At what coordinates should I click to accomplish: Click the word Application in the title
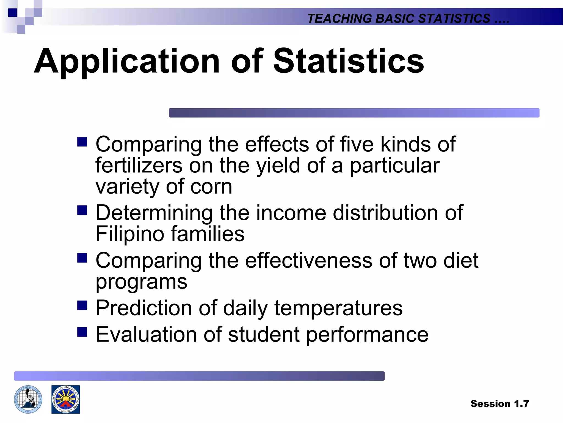click(127, 61)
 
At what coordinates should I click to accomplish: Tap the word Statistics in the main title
click(348, 61)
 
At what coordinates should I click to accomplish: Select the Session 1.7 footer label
click(499, 404)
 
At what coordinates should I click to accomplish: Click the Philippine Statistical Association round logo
click(28, 399)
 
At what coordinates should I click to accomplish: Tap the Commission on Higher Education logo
click(65, 399)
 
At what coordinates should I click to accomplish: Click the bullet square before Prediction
click(82, 305)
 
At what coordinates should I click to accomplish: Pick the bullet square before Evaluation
click(82, 332)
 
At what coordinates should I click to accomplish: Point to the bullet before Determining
click(82, 210)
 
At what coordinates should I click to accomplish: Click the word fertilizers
click(139, 166)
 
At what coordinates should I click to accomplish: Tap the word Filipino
click(130, 234)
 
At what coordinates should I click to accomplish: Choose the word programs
click(141, 282)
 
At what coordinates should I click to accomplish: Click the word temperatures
click(338, 308)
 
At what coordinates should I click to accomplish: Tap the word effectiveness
click(308, 261)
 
